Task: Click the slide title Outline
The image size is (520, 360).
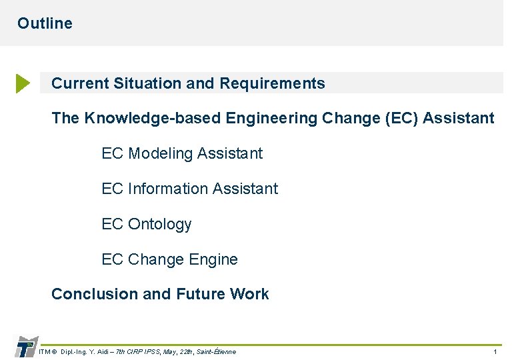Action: point(45,23)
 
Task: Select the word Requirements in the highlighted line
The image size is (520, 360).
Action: point(272,83)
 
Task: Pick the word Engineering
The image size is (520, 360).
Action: point(271,119)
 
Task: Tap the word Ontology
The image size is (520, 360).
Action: point(160,224)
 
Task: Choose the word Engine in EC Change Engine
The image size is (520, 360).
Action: point(214,259)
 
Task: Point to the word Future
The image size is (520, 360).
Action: point(200,294)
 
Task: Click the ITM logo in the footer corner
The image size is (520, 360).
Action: point(25,347)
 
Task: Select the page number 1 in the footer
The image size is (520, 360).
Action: point(495,351)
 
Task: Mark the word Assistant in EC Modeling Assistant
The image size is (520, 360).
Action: point(230,153)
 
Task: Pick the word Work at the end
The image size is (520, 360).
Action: point(249,294)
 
